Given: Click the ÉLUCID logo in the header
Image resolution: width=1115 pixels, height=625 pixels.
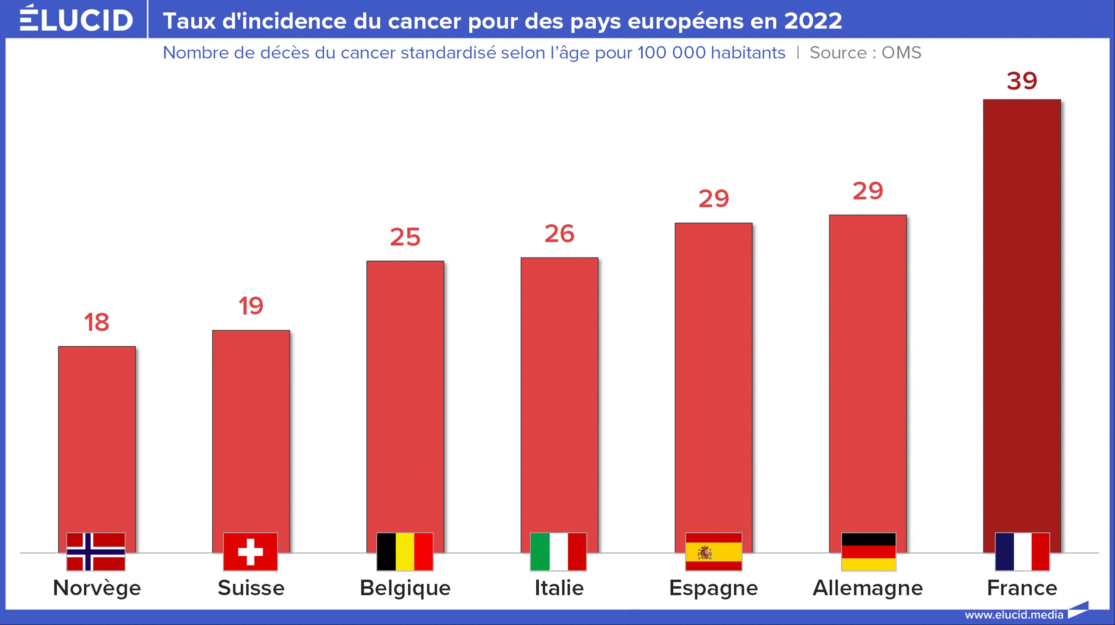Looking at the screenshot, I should (76, 19).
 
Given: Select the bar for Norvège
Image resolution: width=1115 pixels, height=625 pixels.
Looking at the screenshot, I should (97, 437).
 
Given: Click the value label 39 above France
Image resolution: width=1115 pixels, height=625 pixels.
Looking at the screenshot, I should (1022, 81).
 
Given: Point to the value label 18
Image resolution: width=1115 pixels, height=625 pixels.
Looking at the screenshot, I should (97, 323).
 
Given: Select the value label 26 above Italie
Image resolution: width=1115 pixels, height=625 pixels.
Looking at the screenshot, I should (559, 234).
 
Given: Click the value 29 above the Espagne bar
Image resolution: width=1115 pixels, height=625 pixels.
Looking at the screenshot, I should (714, 199).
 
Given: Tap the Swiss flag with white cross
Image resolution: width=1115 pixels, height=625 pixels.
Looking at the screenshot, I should (251, 552).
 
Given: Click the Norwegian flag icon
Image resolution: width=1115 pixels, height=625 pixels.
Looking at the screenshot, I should (96, 552).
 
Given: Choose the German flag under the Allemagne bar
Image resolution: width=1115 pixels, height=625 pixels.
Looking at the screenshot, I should (868, 552).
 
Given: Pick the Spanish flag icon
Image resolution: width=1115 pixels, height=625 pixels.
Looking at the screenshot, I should (714, 552).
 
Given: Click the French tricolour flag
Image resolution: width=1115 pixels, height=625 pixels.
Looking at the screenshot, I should (1022, 552).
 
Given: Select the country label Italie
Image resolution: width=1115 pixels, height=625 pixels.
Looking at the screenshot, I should (559, 588).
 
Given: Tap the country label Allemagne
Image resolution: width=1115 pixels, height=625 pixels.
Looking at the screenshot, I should (868, 588).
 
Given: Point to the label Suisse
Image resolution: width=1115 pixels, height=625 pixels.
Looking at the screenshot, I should (251, 588).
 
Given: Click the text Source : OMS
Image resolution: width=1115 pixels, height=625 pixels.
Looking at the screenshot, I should (865, 53).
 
